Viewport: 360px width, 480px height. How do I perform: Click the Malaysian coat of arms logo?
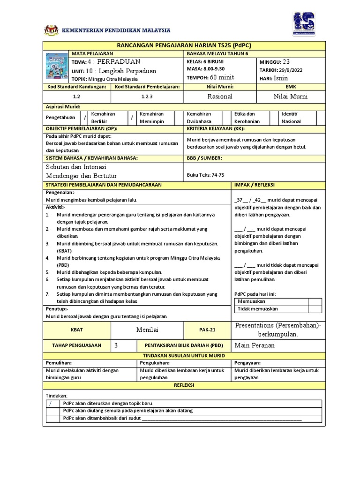pos(50,30)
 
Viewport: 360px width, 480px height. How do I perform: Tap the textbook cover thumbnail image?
pos(56,68)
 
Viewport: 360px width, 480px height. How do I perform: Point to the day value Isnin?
pos(281,78)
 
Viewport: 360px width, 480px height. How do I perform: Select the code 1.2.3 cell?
pos(147,96)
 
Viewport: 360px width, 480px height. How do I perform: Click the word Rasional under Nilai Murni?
pos(220,96)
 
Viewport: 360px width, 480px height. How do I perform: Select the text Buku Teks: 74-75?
pos(205,175)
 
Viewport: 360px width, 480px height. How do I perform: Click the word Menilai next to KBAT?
pos(147,330)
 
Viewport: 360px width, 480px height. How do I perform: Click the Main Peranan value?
pos(255,345)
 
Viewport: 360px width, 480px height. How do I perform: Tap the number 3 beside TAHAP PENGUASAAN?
pos(116,345)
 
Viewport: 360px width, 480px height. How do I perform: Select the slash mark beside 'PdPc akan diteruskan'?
pos(51,403)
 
